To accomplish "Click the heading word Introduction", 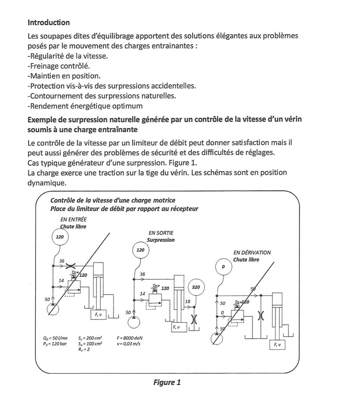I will click(x=49, y=23).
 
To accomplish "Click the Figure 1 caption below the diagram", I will click(x=167, y=382).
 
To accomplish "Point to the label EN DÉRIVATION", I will click(x=252, y=253).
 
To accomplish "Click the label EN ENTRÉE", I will click(x=74, y=220).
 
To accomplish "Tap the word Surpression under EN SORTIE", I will click(x=161, y=240).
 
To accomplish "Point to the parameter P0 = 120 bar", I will click(x=55, y=343).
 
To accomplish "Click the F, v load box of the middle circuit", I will click(x=178, y=327).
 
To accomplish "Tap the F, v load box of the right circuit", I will click(x=277, y=345).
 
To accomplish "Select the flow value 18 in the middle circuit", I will click(x=187, y=302).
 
